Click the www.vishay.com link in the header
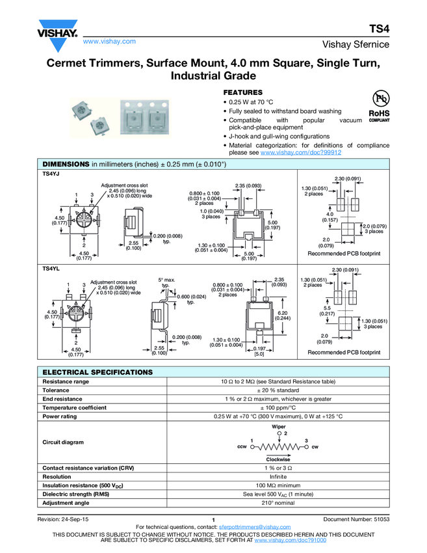point(110,41)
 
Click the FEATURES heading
point(243,92)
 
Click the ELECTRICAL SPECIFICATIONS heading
point(97,371)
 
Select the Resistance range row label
point(66,381)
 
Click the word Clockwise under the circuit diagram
point(278,459)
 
